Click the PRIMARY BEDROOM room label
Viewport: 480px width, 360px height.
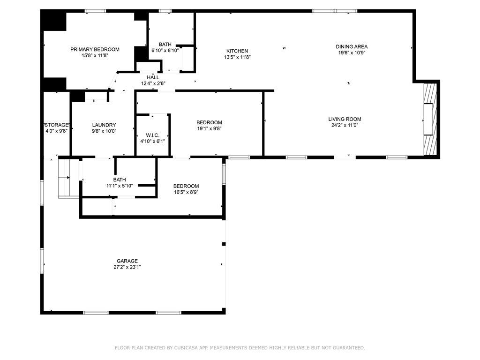pyautogui.click(x=95, y=49)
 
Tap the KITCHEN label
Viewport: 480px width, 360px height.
pyautogui.click(x=237, y=51)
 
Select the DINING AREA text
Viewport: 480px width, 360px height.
pyautogui.click(x=352, y=46)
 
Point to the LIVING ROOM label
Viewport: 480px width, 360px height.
pyautogui.click(x=345, y=119)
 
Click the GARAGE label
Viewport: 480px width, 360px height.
pyautogui.click(x=127, y=261)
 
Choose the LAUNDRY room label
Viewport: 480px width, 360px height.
pyautogui.click(x=104, y=125)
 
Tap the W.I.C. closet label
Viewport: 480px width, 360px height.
pyautogui.click(x=152, y=135)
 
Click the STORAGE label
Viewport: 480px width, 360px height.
pyautogui.click(x=56, y=125)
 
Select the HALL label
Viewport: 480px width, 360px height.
pyautogui.click(x=153, y=77)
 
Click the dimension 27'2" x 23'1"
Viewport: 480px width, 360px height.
pyautogui.click(x=127, y=267)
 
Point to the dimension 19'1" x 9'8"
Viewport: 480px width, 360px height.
pyautogui.click(x=209, y=128)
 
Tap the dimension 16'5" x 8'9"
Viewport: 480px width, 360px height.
pyautogui.click(x=186, y=192)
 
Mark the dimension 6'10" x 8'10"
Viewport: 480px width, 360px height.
pyautogui.click(x=165, y=51)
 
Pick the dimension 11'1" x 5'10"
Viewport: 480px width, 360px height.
pyautogui.click(x=120, y=186)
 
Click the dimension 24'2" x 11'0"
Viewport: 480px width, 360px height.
pyautogui.click(x=345, y=125)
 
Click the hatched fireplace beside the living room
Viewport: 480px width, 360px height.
pyautogui.click(x=430, y=119)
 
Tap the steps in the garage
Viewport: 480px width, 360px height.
pyautogui.click(x=69, y=178)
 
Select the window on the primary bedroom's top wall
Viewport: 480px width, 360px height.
pyautogui.click(x=95, y=11)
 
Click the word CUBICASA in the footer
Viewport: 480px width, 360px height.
pyautogui.click(x=187, y=348)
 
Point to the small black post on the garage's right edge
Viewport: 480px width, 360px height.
pyautogui.click(x=224, y=244)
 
